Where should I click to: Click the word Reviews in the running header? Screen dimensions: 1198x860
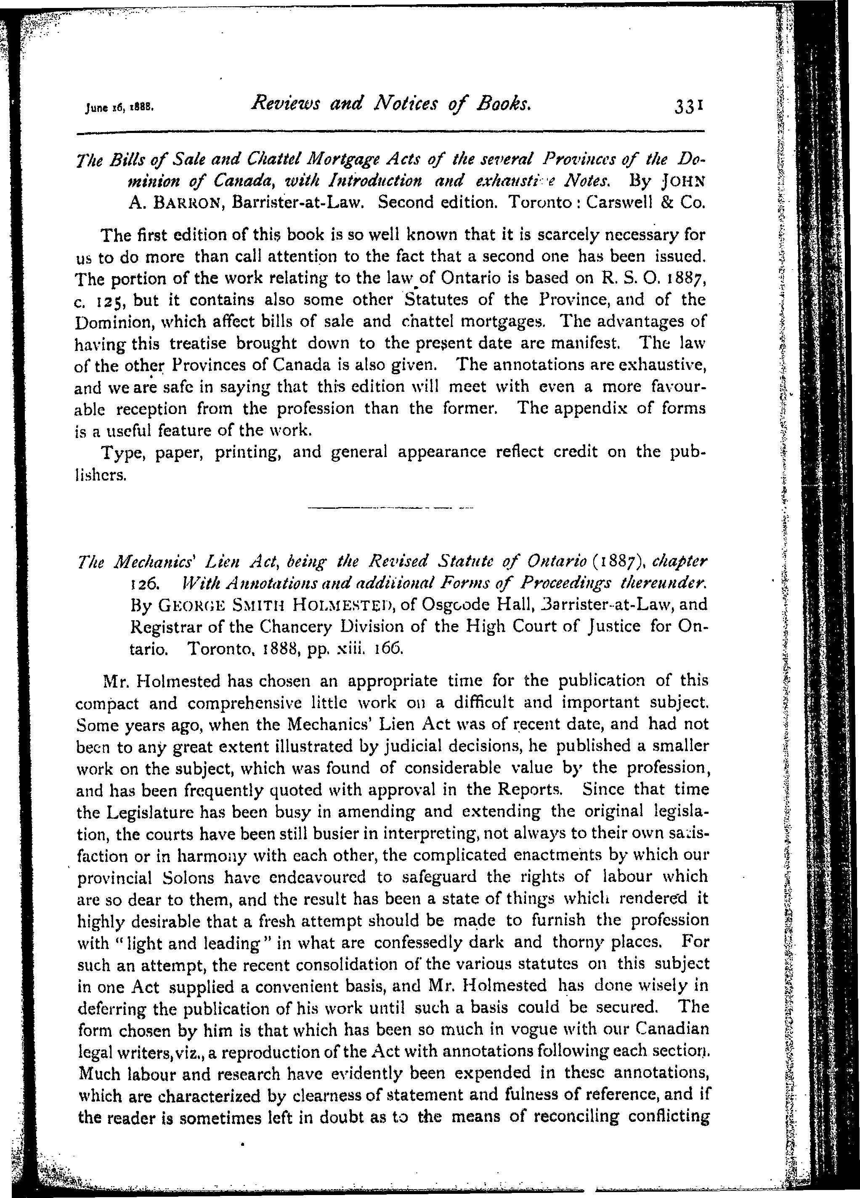284,104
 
